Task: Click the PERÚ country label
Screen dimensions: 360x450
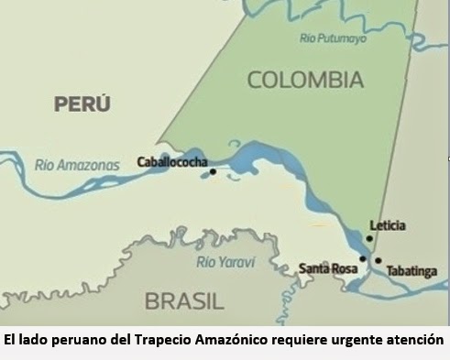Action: [82, 104]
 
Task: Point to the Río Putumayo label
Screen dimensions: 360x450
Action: [333, 38]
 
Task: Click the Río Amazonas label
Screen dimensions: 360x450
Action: [77, 166]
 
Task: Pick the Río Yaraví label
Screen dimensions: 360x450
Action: [225, 262]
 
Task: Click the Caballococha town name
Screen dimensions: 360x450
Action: [171, 162]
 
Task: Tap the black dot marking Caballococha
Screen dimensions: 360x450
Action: [213, 171]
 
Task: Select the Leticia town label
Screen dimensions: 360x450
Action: [387, 225]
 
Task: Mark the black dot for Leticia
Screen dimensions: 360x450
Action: [369, 239]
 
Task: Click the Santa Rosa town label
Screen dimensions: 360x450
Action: [328, 268]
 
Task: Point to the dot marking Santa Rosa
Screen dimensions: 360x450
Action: [363, 259]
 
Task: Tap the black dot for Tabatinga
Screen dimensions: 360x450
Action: [378, 261]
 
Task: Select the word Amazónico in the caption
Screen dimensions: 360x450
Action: [233, 340]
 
